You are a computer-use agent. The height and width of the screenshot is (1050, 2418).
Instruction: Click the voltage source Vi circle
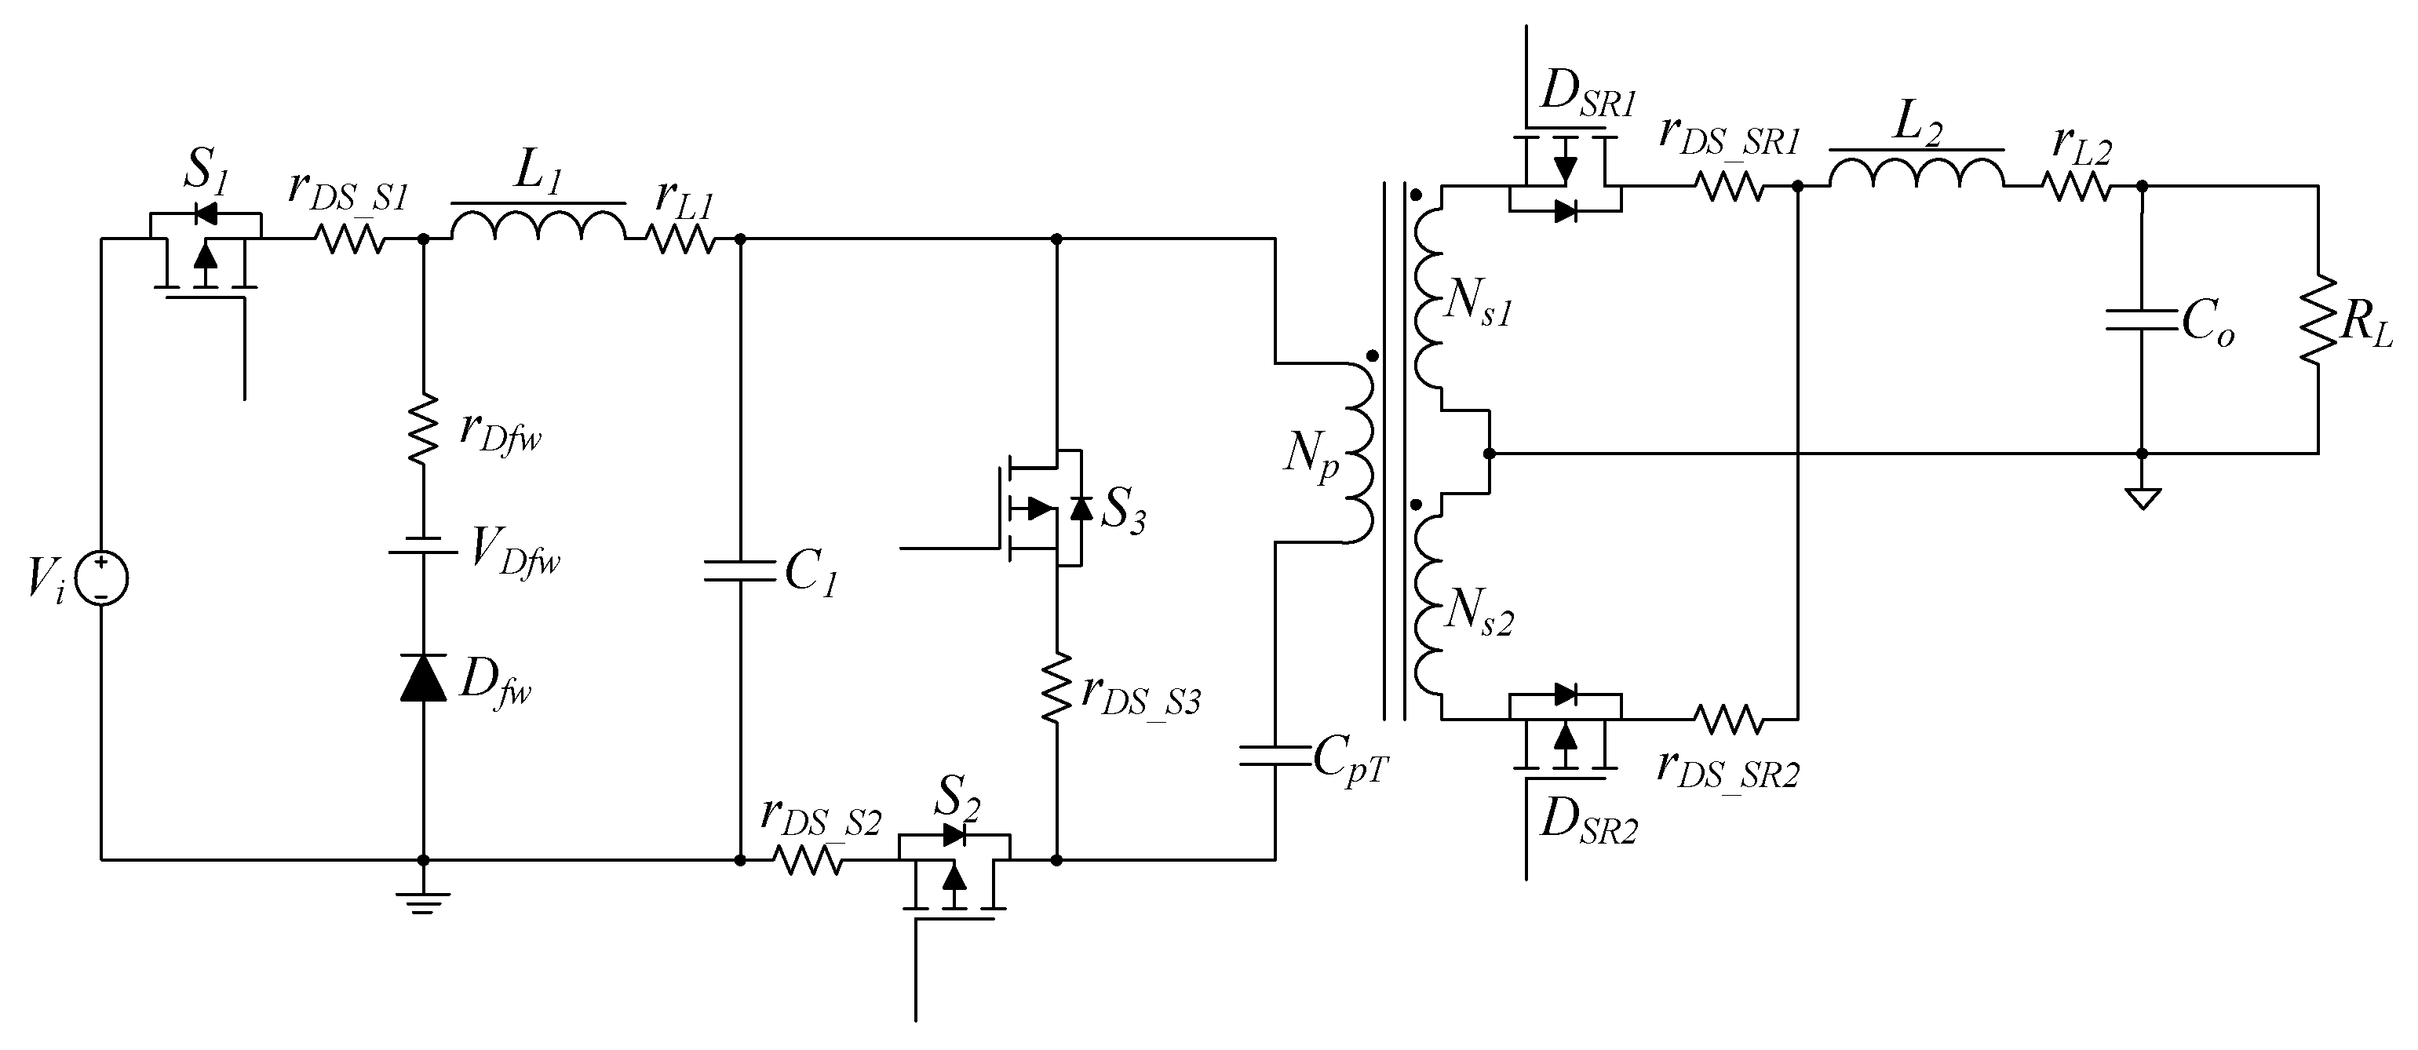pos(101,578)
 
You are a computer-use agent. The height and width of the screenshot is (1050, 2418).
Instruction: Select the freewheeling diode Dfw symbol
pos(422,678)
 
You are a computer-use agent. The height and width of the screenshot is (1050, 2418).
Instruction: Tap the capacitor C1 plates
pos(739,571)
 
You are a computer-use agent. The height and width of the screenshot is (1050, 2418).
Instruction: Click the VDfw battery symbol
pos(422,545)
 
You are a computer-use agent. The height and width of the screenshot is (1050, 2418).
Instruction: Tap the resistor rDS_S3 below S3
pos(1057,687)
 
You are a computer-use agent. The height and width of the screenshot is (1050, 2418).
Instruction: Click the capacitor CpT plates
pos(1275,756)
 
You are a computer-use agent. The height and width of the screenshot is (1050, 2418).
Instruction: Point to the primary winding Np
pos(1359,452)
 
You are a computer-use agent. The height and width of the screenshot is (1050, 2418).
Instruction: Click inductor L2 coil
pos(1917,174)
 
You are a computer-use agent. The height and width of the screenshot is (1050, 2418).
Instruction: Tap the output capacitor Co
pos(2141,321)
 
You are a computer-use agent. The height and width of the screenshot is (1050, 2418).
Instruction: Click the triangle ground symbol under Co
pos(2142,498)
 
